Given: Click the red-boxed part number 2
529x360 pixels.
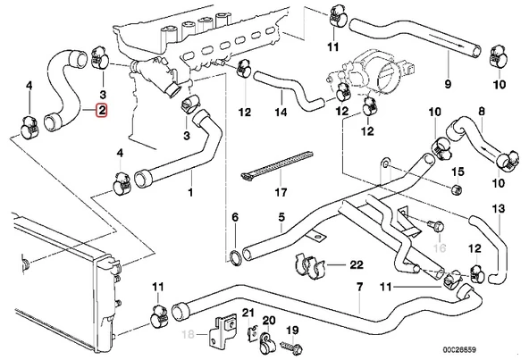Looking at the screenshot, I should tap(103, 112).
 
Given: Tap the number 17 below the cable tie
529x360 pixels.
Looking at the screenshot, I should tap(256, 192).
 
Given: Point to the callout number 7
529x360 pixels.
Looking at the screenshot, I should tap(360, 288).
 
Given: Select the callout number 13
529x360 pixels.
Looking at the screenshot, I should tap(499, 211).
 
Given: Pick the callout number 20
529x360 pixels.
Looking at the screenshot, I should tap(269, 320).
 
